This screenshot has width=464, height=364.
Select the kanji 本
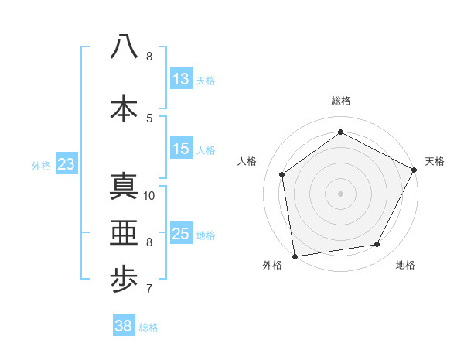pos(124,108)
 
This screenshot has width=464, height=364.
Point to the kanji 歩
pos(124,280)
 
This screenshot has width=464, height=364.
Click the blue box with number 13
pos(181,79)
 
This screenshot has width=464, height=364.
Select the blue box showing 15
pos(181,149)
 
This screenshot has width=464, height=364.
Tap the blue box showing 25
pos(181,234)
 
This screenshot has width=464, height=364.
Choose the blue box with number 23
pos(66,164)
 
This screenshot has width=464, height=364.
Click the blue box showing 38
pos(124,326)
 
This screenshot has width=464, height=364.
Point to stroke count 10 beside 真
pos(149,195)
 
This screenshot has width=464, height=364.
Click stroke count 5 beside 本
pos(149,118)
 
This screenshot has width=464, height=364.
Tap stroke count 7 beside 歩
pos(149,290)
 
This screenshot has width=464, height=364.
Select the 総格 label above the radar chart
pos(341,101)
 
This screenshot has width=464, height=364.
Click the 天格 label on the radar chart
pos(435,161)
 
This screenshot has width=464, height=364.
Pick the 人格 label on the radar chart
pos(247,161)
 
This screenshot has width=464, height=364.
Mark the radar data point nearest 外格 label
pos(295,256)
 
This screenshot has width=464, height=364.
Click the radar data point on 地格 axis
pos(377,245)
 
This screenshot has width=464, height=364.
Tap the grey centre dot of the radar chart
pos(341,193)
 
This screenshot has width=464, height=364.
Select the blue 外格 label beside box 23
pos(40,165)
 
